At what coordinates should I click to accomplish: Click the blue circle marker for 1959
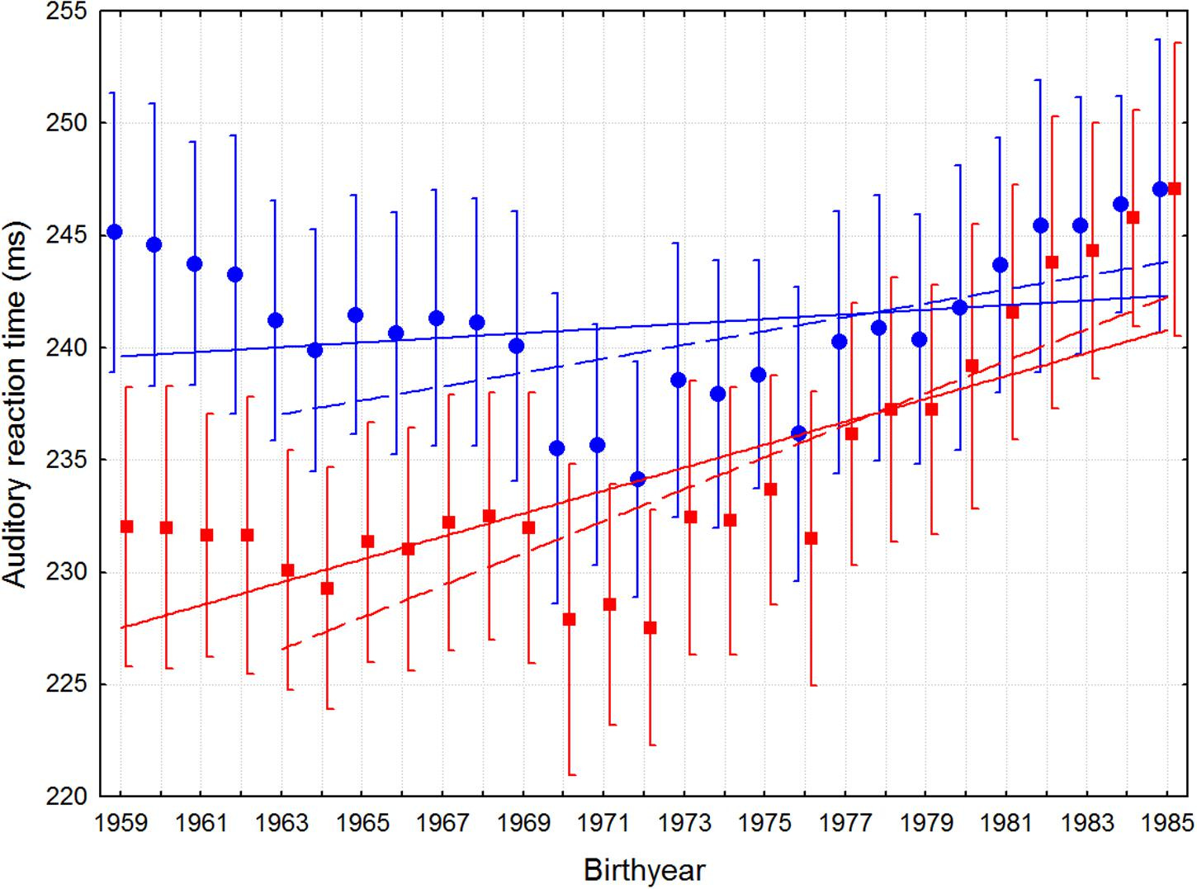point(115,232)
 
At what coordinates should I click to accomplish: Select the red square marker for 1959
point(127,527)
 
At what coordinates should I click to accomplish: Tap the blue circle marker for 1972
point(637,479)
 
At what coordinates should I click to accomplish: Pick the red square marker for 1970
point(569,619)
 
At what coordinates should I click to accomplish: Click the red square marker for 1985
point(1175,189)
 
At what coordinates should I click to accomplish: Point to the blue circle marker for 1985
point(1160,189)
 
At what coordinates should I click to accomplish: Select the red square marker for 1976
point(811,538)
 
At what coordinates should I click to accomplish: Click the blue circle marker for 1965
point(356,314)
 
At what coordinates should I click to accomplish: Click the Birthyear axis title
point(644,870)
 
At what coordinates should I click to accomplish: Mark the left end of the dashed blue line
point(282,414)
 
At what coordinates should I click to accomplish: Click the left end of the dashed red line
point(282,649)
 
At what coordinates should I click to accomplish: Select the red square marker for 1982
point(1052,262)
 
